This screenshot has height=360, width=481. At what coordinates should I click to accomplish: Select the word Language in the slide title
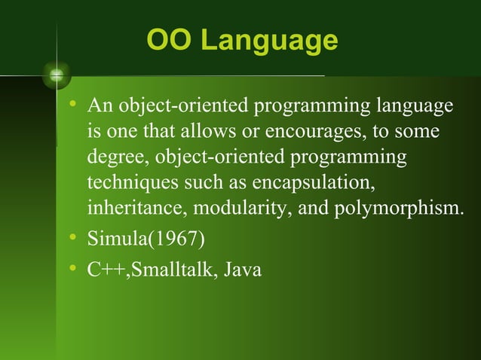tap(266, 42)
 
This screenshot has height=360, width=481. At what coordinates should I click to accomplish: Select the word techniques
tap(123, 184)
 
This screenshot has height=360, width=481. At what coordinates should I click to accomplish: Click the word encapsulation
tap(315, 184)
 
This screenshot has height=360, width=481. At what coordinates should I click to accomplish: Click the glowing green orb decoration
tap(57, 75)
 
